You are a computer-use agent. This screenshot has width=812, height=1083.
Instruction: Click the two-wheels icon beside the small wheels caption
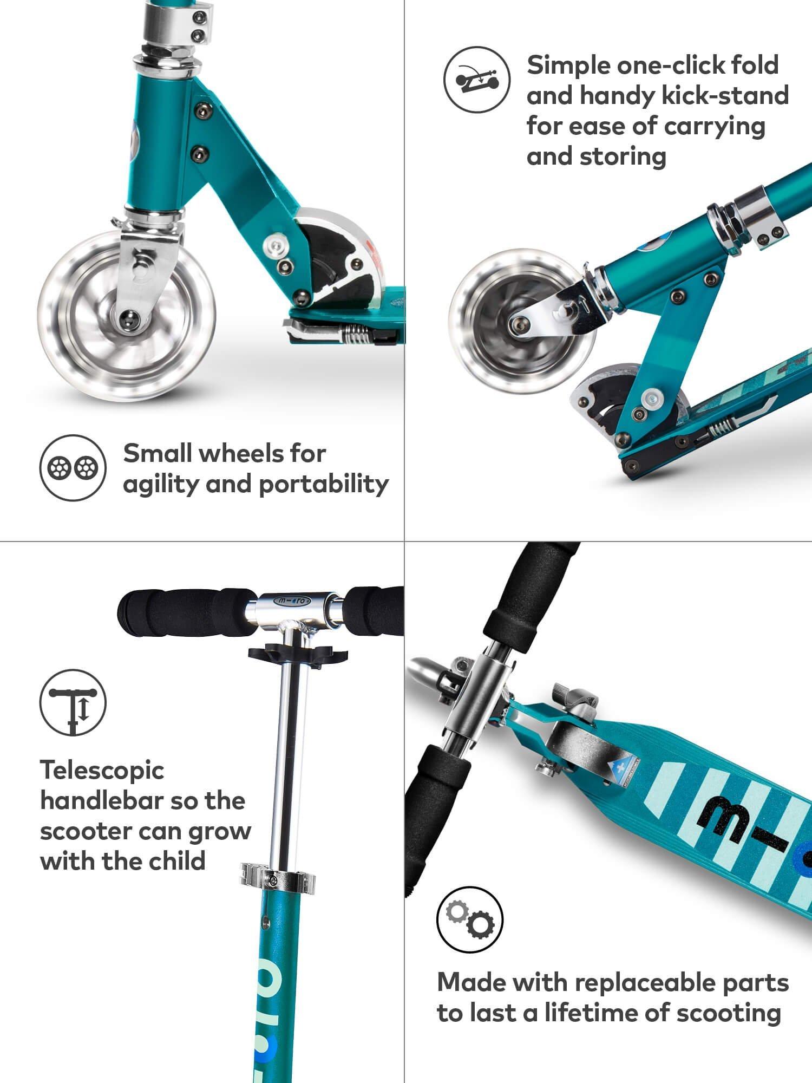pos(73,467)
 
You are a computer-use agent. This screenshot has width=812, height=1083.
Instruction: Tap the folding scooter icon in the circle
pos(477,79)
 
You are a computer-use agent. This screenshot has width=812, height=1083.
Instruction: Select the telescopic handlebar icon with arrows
pos(73,703)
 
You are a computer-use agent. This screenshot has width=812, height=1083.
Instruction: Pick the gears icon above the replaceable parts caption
pos(470,919)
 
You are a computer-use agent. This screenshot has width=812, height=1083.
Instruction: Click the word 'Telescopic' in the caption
pos(102,769)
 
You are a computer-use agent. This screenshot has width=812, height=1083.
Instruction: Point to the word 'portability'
pos(324,484)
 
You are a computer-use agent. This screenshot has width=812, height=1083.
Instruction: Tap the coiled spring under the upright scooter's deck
pos(356,332)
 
